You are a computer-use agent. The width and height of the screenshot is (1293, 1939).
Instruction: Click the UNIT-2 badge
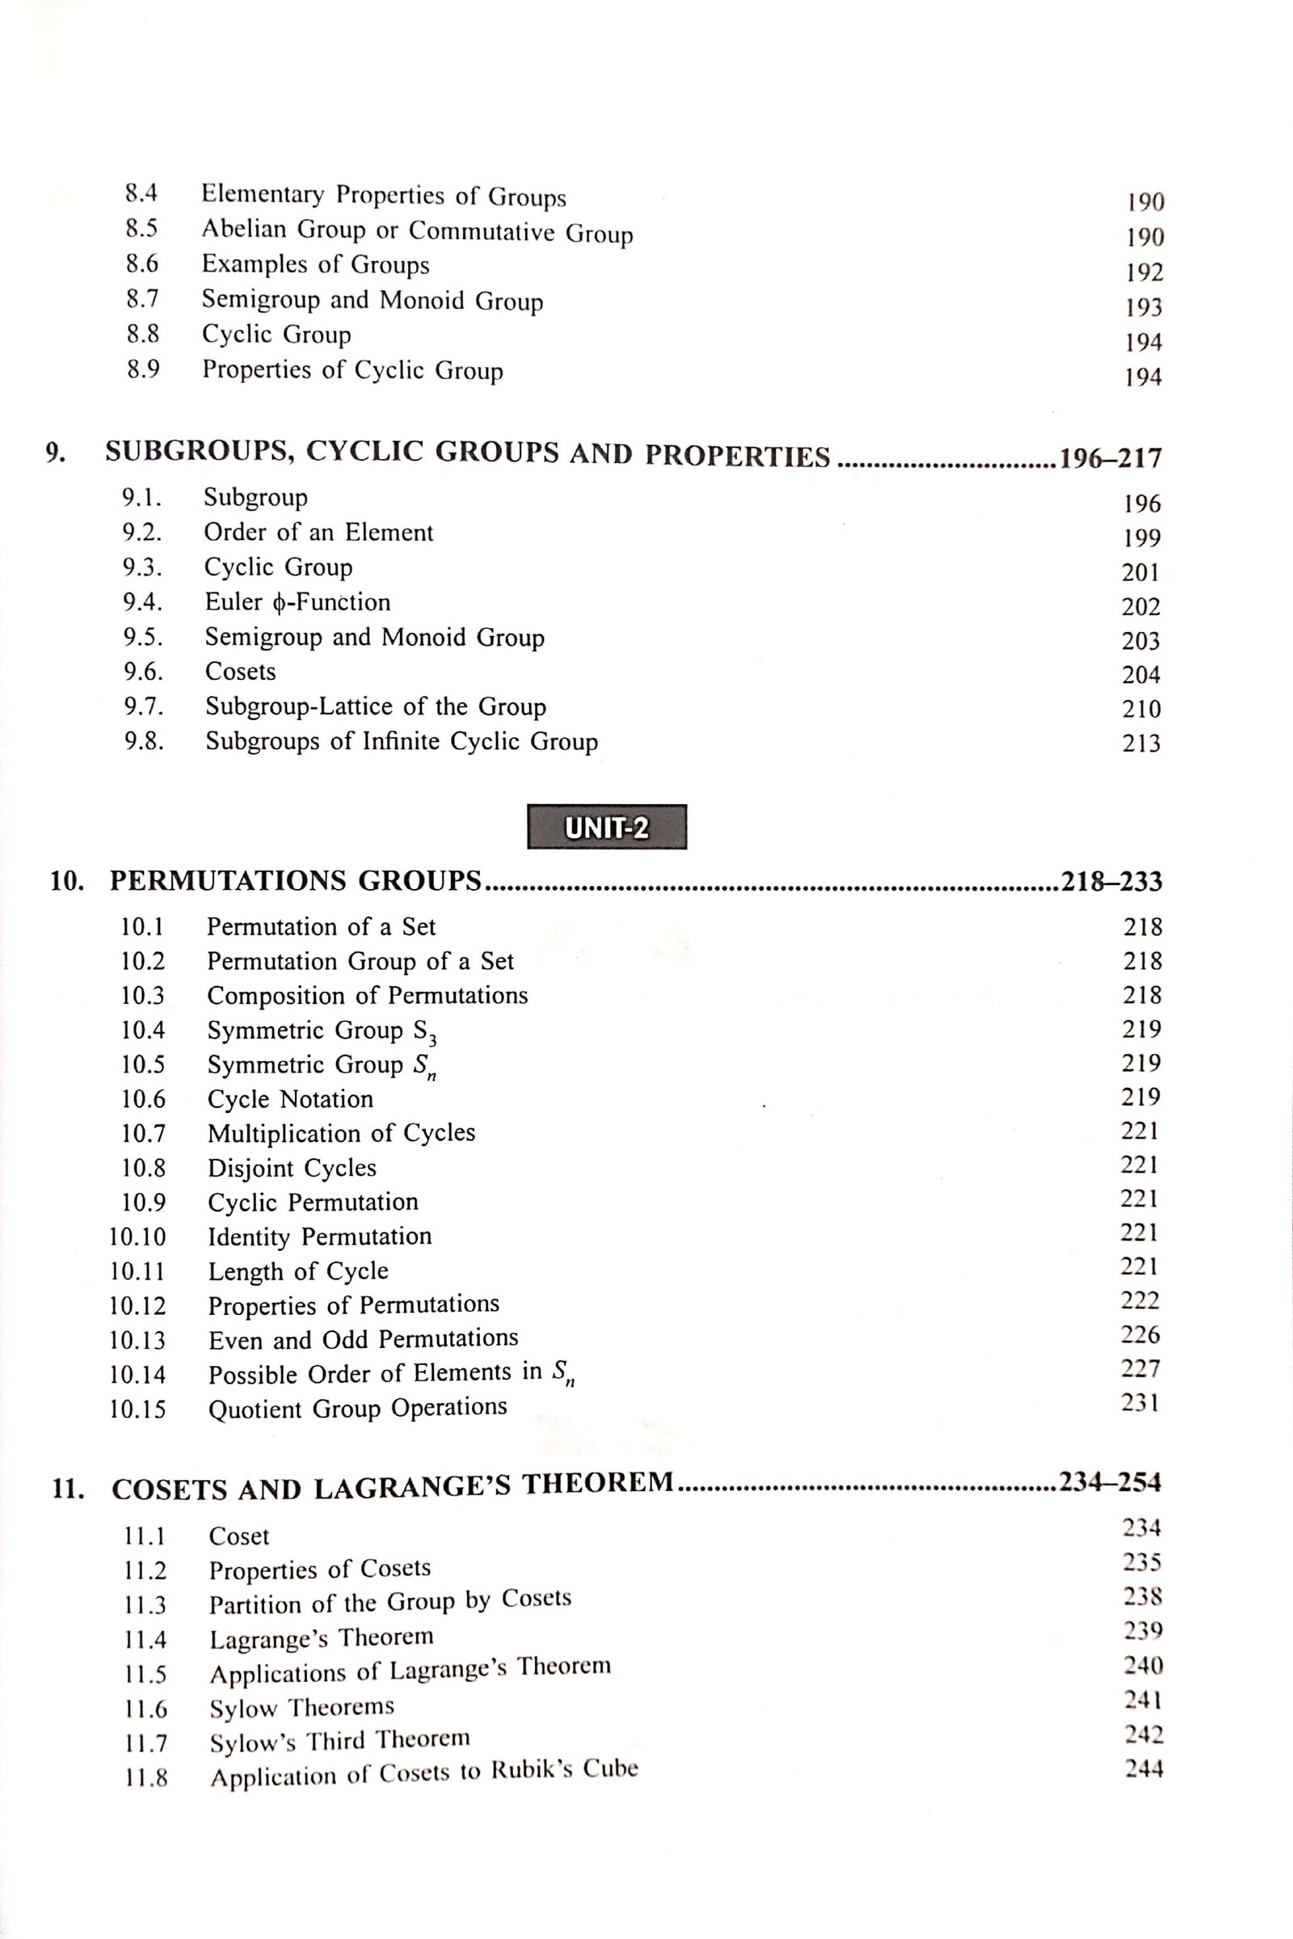point(606,827)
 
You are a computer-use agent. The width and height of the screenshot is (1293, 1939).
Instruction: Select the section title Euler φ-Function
point(297,602)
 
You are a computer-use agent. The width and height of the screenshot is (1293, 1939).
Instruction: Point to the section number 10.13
point(137,1340)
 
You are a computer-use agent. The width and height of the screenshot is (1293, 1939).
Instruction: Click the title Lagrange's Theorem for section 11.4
point(321,1638)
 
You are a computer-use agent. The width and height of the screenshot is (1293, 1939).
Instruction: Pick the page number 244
point(1143,1768)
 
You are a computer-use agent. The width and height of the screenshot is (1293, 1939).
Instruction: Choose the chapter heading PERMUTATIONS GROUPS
point(295,882)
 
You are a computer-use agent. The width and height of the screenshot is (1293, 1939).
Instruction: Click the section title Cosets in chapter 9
point(240,672)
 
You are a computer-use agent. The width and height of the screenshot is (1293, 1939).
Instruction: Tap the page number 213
point(1141,744)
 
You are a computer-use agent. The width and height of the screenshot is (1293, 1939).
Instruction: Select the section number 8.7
point(143,298)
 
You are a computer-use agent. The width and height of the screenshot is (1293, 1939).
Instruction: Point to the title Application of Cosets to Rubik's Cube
point(423,1773)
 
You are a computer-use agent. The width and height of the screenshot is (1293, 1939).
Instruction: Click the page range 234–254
point(1110,1483)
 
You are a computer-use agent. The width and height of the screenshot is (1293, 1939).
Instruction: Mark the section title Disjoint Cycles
point(292,1168)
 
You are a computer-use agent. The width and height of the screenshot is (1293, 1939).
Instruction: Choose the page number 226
point(1140,1334)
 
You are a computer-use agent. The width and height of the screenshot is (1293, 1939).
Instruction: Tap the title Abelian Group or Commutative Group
point(417,231)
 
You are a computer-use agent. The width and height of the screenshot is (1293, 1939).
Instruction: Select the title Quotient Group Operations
point(357,1408)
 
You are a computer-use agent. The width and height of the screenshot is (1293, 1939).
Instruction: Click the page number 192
point(1144,273)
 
